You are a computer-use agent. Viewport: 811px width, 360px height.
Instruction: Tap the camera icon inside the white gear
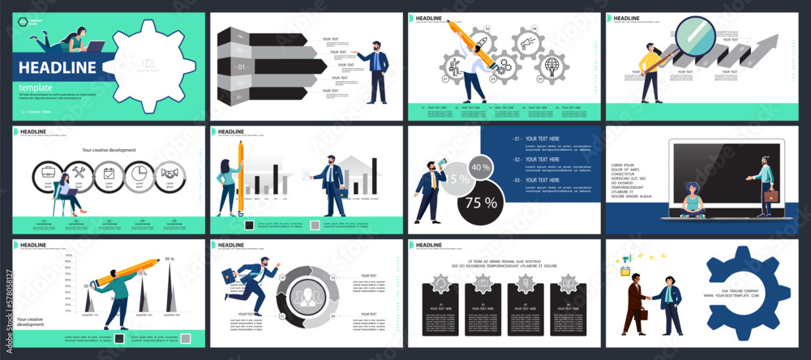click(148, 63)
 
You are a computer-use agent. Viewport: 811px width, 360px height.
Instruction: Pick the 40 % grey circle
click(480, 168)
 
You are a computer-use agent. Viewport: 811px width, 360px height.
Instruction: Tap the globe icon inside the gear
click(552, 64)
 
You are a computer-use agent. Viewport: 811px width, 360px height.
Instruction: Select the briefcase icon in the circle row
click(47, 173)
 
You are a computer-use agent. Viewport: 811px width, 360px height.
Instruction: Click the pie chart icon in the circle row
click(139, 173)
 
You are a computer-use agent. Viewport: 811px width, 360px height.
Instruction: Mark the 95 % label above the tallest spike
click(170, 259)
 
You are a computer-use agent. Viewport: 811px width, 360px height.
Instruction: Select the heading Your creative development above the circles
click(109, 150)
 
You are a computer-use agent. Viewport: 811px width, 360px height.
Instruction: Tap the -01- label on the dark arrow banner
click(241, 66)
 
